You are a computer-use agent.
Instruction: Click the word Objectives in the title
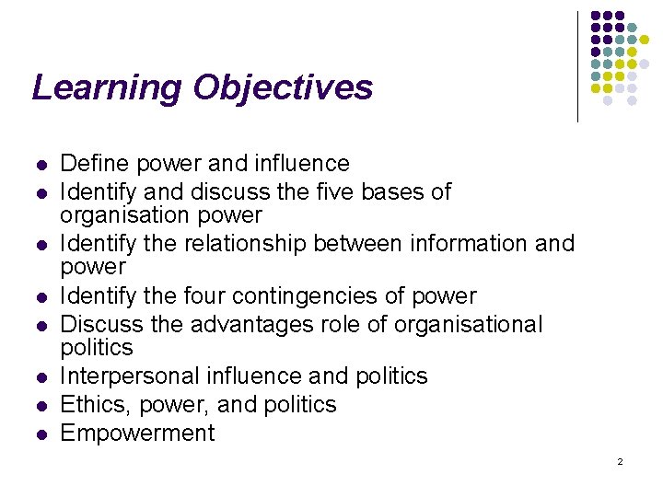point(283,88)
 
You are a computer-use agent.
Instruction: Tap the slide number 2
point(620,461)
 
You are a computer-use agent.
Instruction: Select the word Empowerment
point(137,433)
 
